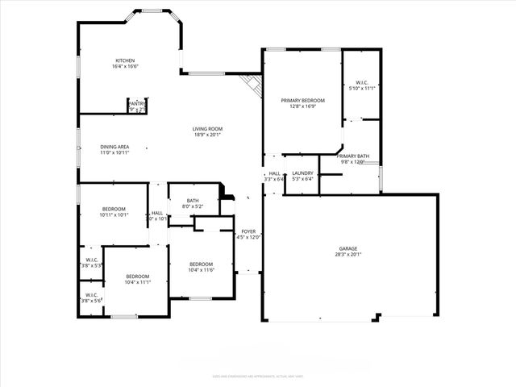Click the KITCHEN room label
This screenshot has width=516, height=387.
(x=125, y=60)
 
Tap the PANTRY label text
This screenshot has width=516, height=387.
(x=137, y=103)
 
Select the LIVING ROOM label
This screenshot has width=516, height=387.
(x=207, y=129)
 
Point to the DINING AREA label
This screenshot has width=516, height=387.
(x=114, y=147)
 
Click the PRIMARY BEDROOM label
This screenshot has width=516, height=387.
(x=302, y=100)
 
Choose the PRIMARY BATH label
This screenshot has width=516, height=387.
(x=353, y=156)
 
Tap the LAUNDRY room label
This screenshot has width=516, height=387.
(x=302, y=173)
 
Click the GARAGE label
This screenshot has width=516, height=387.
(x=348, y=248)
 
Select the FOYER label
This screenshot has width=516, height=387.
(x=248, y=231)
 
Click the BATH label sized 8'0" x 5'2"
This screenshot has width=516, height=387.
(x=193, y=201)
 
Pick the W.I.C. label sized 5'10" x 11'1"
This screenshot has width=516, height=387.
(x=360, y=82)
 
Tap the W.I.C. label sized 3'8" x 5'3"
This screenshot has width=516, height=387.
(x=90, y=259)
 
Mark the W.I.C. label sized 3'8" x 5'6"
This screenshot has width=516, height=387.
(x=90, y=294)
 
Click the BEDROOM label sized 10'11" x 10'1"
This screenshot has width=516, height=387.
(x=114, y=209)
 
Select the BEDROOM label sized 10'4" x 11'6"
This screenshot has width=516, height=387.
(x=201, y=264)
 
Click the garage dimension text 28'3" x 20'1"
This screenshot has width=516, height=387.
(x=348, y=254)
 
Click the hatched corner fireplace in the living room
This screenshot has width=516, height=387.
(x=253, y=85)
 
